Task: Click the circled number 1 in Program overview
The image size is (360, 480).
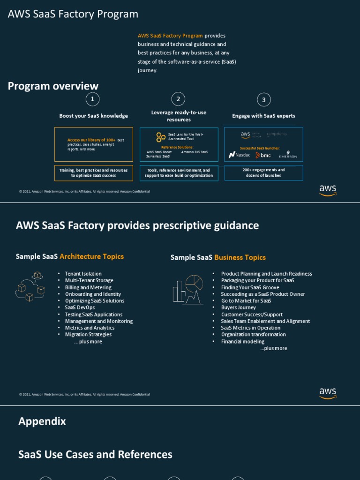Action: (92, 99)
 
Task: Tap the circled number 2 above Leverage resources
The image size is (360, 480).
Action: (178, 99)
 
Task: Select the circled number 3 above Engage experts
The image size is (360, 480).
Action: (264, 99)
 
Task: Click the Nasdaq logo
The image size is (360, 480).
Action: (240, 155)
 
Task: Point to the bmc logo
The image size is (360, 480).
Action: (263, 155)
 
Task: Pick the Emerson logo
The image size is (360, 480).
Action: (288, 155)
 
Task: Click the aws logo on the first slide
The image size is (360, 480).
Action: (328, 190)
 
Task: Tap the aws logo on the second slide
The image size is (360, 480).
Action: (328, 393)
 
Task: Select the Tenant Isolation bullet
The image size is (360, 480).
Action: (83, 274)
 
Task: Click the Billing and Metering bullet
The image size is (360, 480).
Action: (88, 287)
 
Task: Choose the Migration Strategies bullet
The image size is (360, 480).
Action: (88, 335)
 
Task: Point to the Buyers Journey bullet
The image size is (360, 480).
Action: (239, 307)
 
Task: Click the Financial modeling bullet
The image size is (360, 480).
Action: (243, 342)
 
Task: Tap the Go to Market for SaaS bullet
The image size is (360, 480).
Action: (246, 301)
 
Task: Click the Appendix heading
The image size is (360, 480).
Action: (42, 421)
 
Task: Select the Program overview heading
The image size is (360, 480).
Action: (53, 86)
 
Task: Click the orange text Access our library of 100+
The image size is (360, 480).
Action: (91, 140)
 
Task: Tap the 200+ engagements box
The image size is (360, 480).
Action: (263, 172)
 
